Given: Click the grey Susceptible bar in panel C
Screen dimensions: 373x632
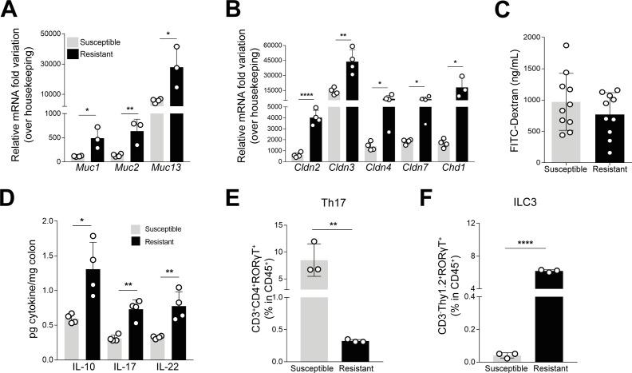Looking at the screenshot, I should (x=542, y=129).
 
